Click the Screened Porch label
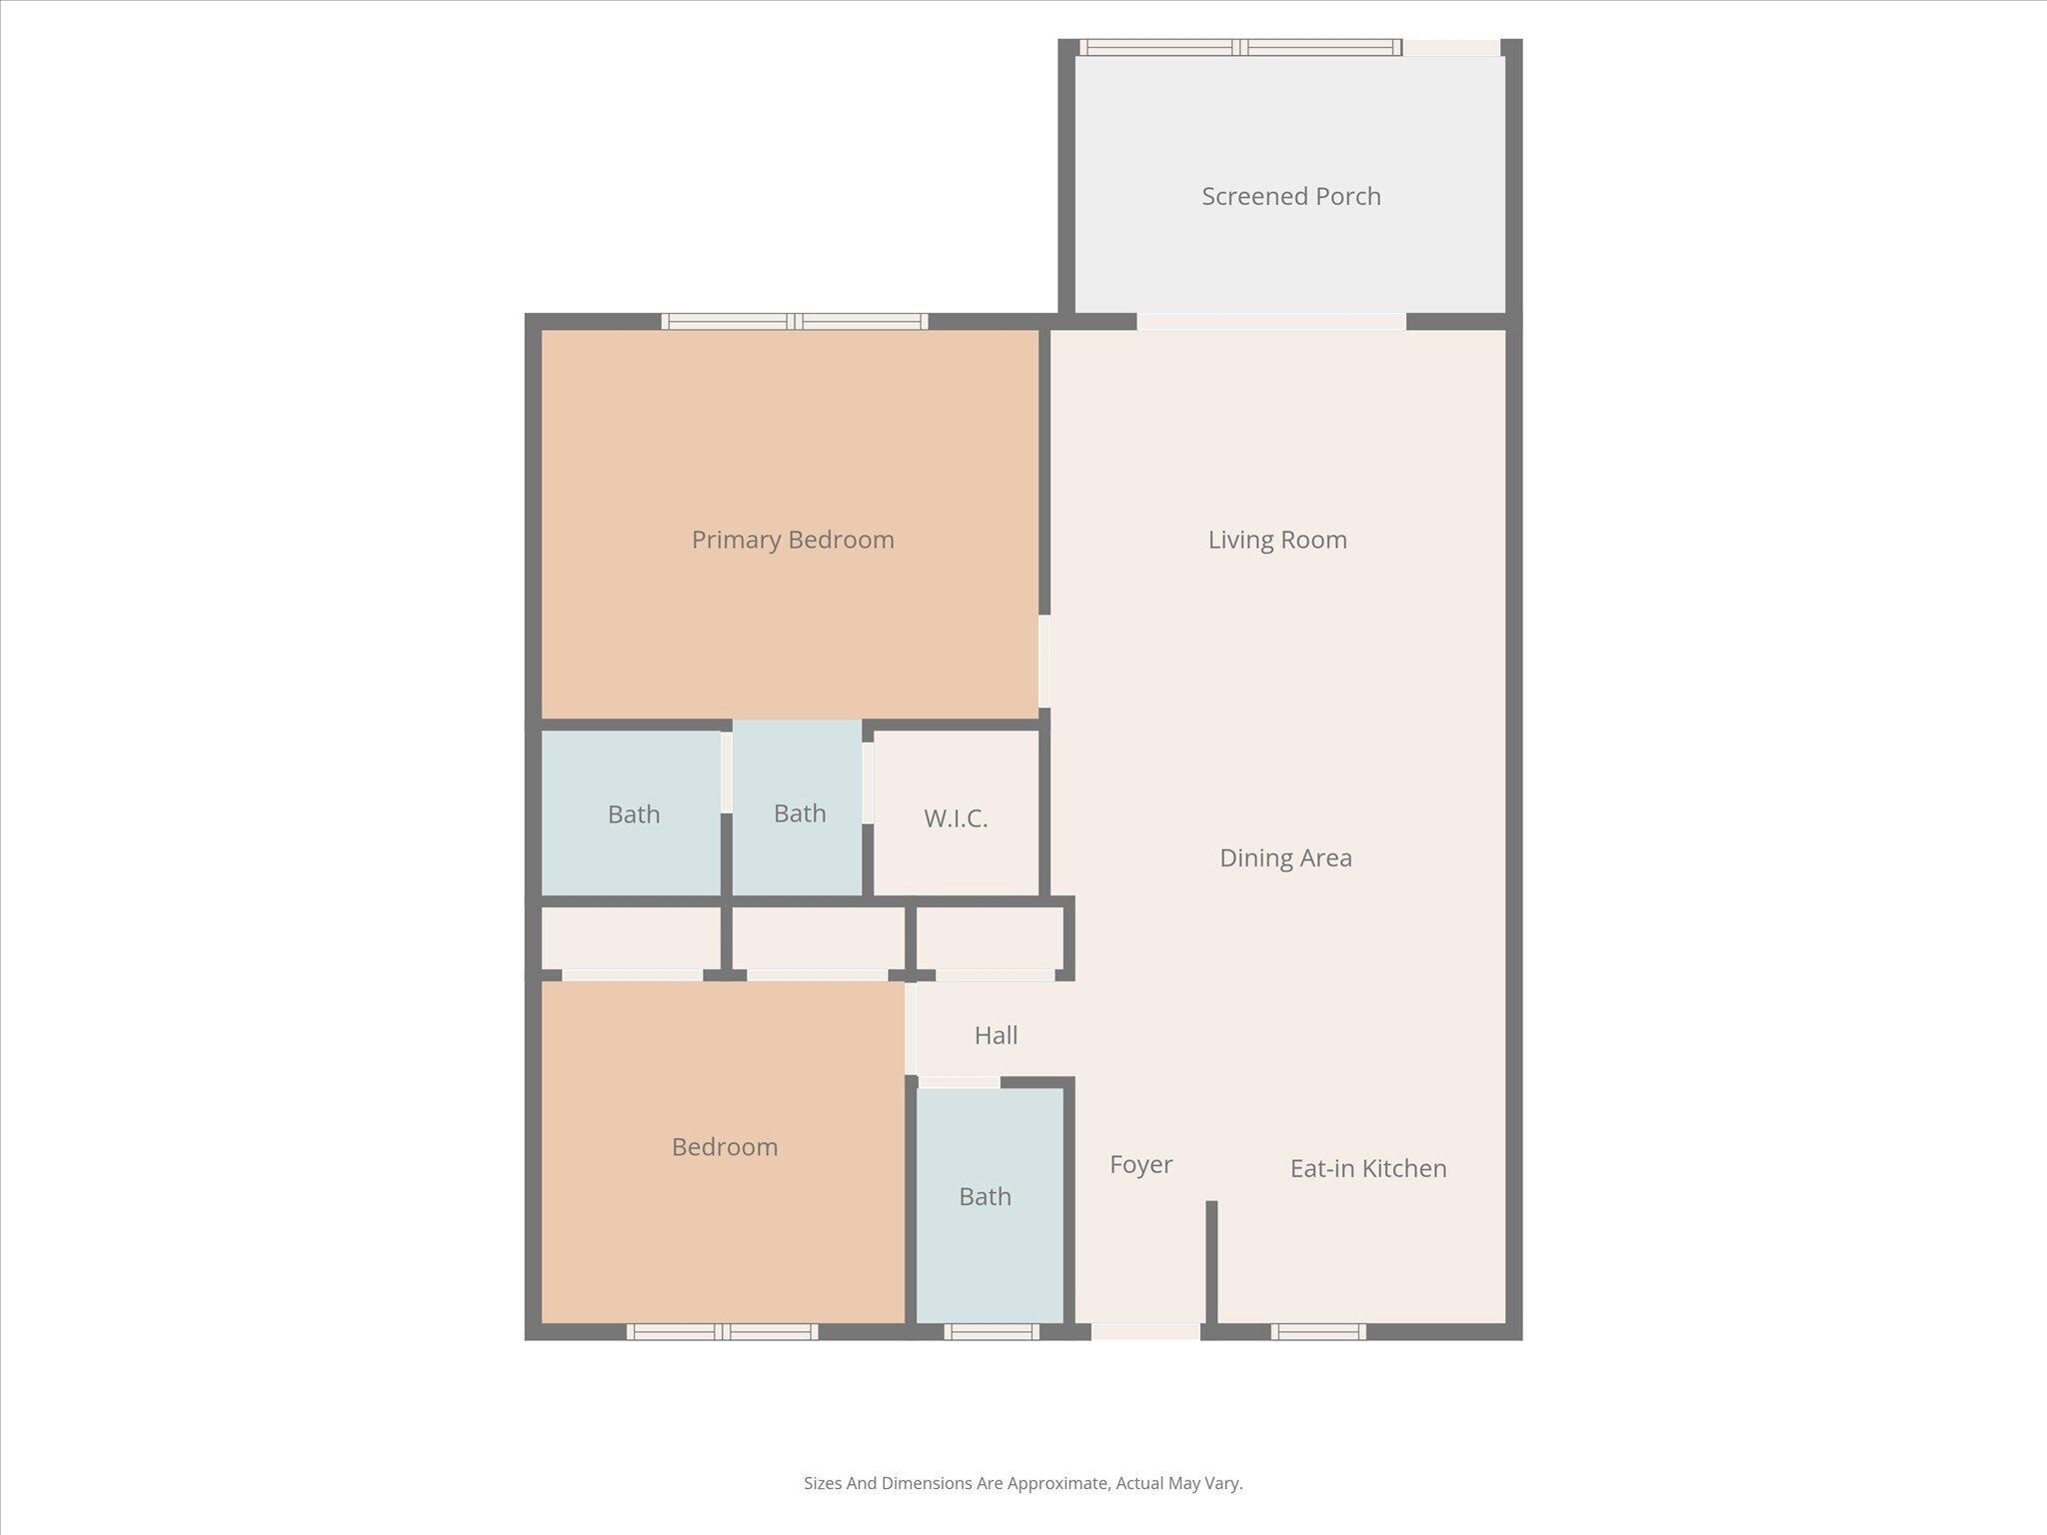click(1290, 196)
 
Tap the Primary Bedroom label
click(793, 540)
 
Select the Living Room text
click(1277, 540)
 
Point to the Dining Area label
click(1285, 857)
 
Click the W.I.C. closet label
click(956, 818)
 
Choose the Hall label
click(996, 1035)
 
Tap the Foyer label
click(1140, 1164)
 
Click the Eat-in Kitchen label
click(1367, 1168)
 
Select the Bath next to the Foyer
click(985, 1196)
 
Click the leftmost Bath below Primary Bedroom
click(634, 814)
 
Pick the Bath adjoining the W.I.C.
click(800, 813)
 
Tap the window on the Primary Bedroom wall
click(794, 322)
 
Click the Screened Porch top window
click(1240, 47)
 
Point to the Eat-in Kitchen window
click(1318, 1331)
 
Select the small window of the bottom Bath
click(992, 1331)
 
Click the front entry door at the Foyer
click(1145, 1331)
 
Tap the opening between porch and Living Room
click(1271, 322)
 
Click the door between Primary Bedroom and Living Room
click(1044, 661)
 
